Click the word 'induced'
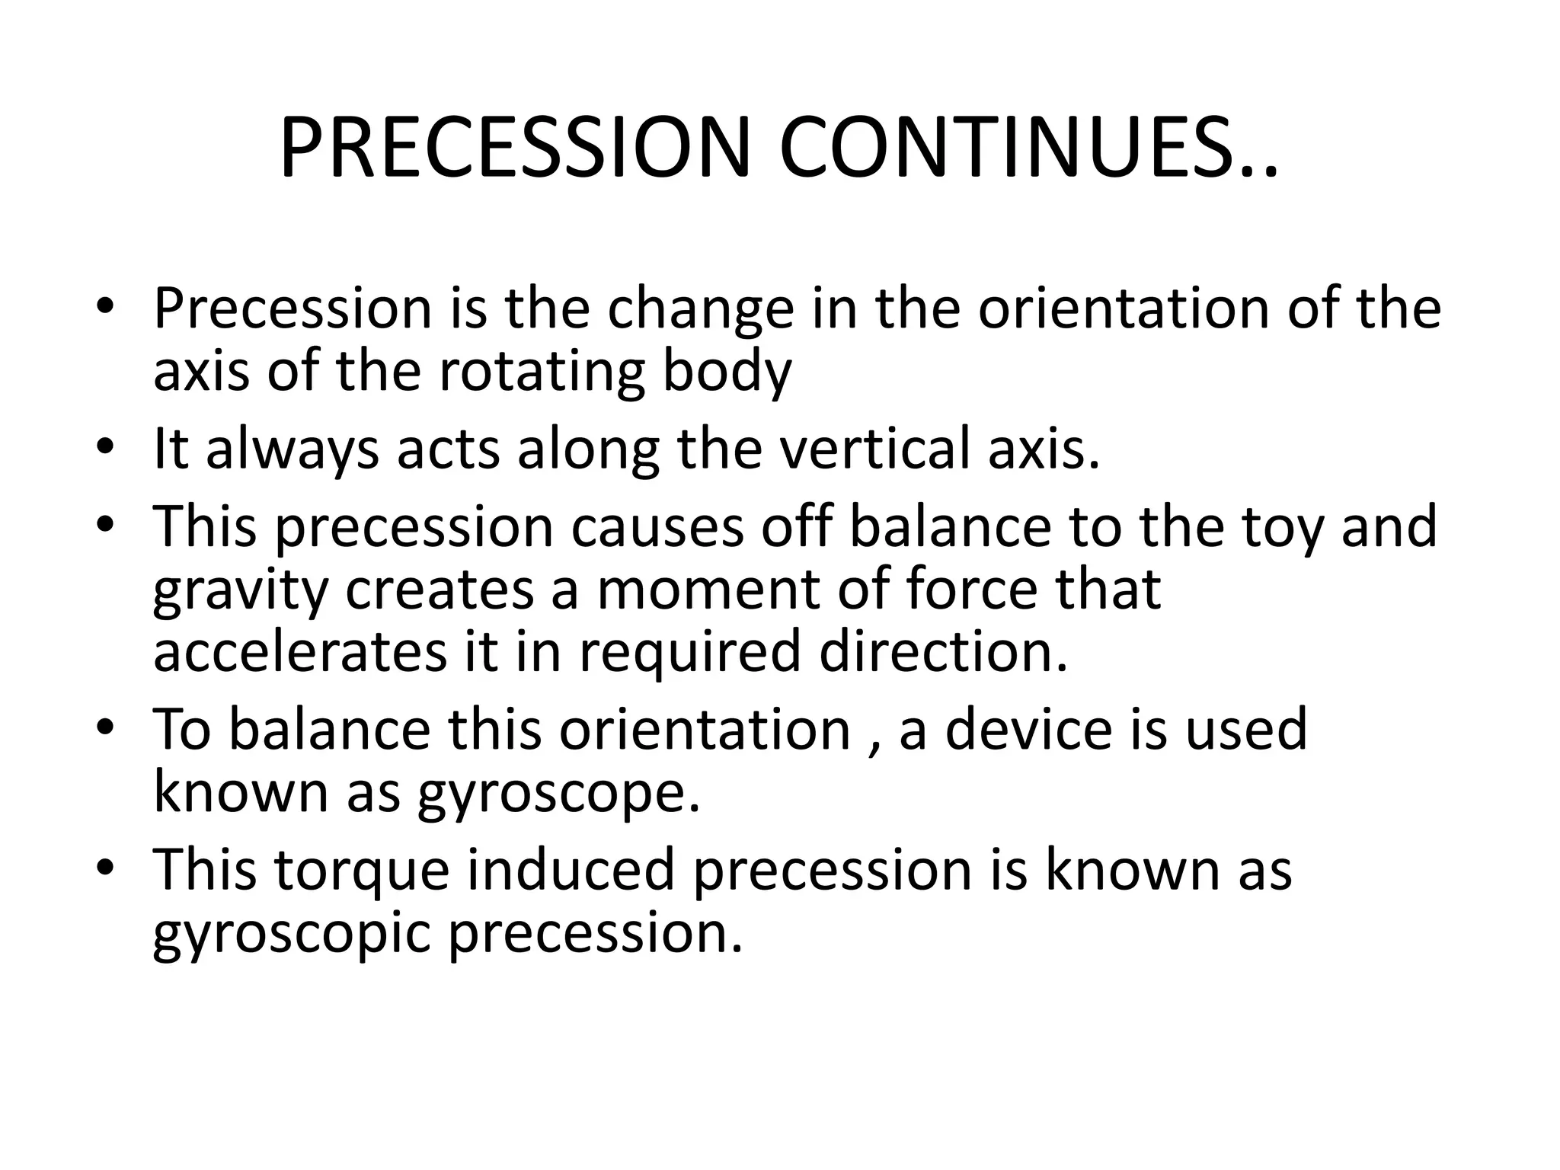(x=571, y=869)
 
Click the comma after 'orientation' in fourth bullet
(x=874, y=747)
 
